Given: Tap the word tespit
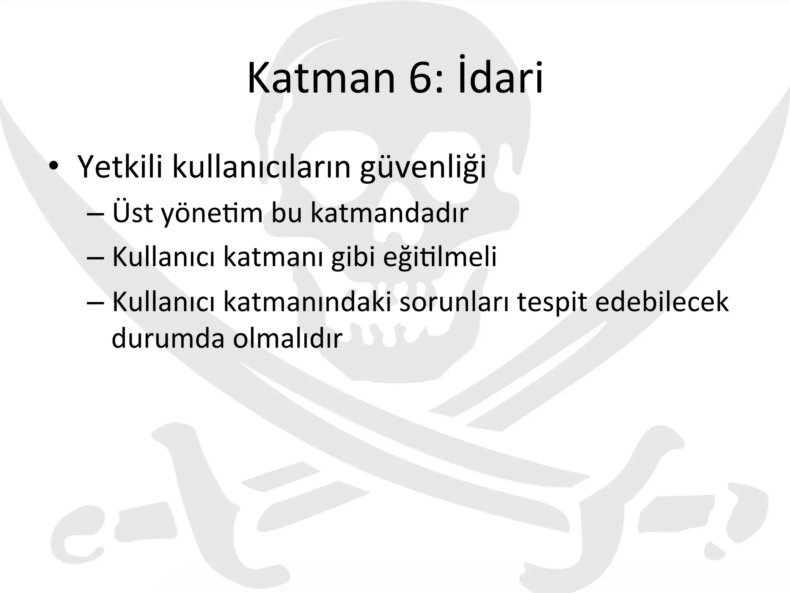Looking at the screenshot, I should (x=553, y=303).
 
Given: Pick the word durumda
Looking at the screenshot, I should (x=168, y=338).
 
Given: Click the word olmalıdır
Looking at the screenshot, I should (x=288, y=338).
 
